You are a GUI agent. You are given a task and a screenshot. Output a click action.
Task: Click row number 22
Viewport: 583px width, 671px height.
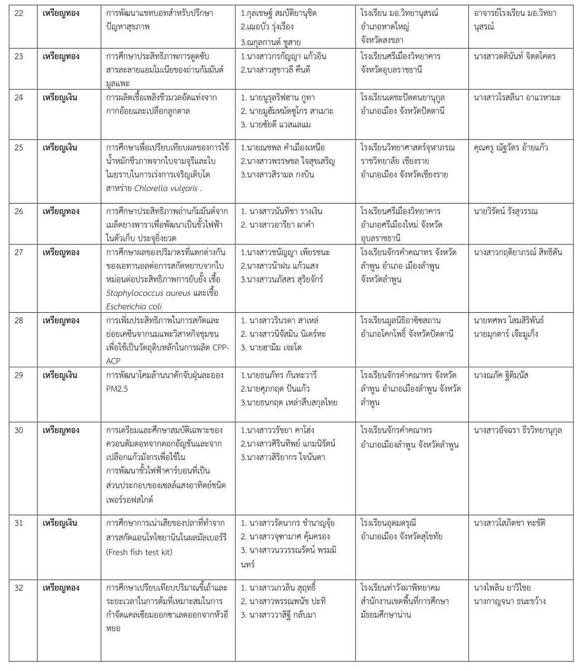click(x=19, y=13)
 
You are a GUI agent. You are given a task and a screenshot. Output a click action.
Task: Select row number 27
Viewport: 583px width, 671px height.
click(x=19, y=252)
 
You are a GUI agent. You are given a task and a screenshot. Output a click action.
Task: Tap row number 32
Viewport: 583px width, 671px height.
click(x=19, y=588)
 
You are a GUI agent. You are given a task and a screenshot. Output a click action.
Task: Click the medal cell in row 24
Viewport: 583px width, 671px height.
click(x=61, y=97)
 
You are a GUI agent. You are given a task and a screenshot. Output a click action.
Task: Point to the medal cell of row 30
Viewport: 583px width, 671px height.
click(x=61, y=430)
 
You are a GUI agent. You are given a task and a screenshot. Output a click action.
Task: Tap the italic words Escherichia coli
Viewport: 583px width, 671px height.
click(x=134, y=306)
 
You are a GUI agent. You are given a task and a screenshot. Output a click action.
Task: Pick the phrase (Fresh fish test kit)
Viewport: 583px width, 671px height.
click(x=139, y=552)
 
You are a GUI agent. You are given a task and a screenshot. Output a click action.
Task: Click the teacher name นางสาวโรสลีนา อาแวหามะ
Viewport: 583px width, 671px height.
click(x=517, y=97)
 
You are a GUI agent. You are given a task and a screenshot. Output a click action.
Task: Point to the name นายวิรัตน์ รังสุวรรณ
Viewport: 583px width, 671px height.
click(x=506, y=212)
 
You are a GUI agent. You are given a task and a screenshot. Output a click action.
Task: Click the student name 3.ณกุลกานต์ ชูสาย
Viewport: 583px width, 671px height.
click(x=270, y=42)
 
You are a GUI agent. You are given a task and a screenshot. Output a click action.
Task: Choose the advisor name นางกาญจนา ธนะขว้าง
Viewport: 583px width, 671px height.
click(x=510, y=601)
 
